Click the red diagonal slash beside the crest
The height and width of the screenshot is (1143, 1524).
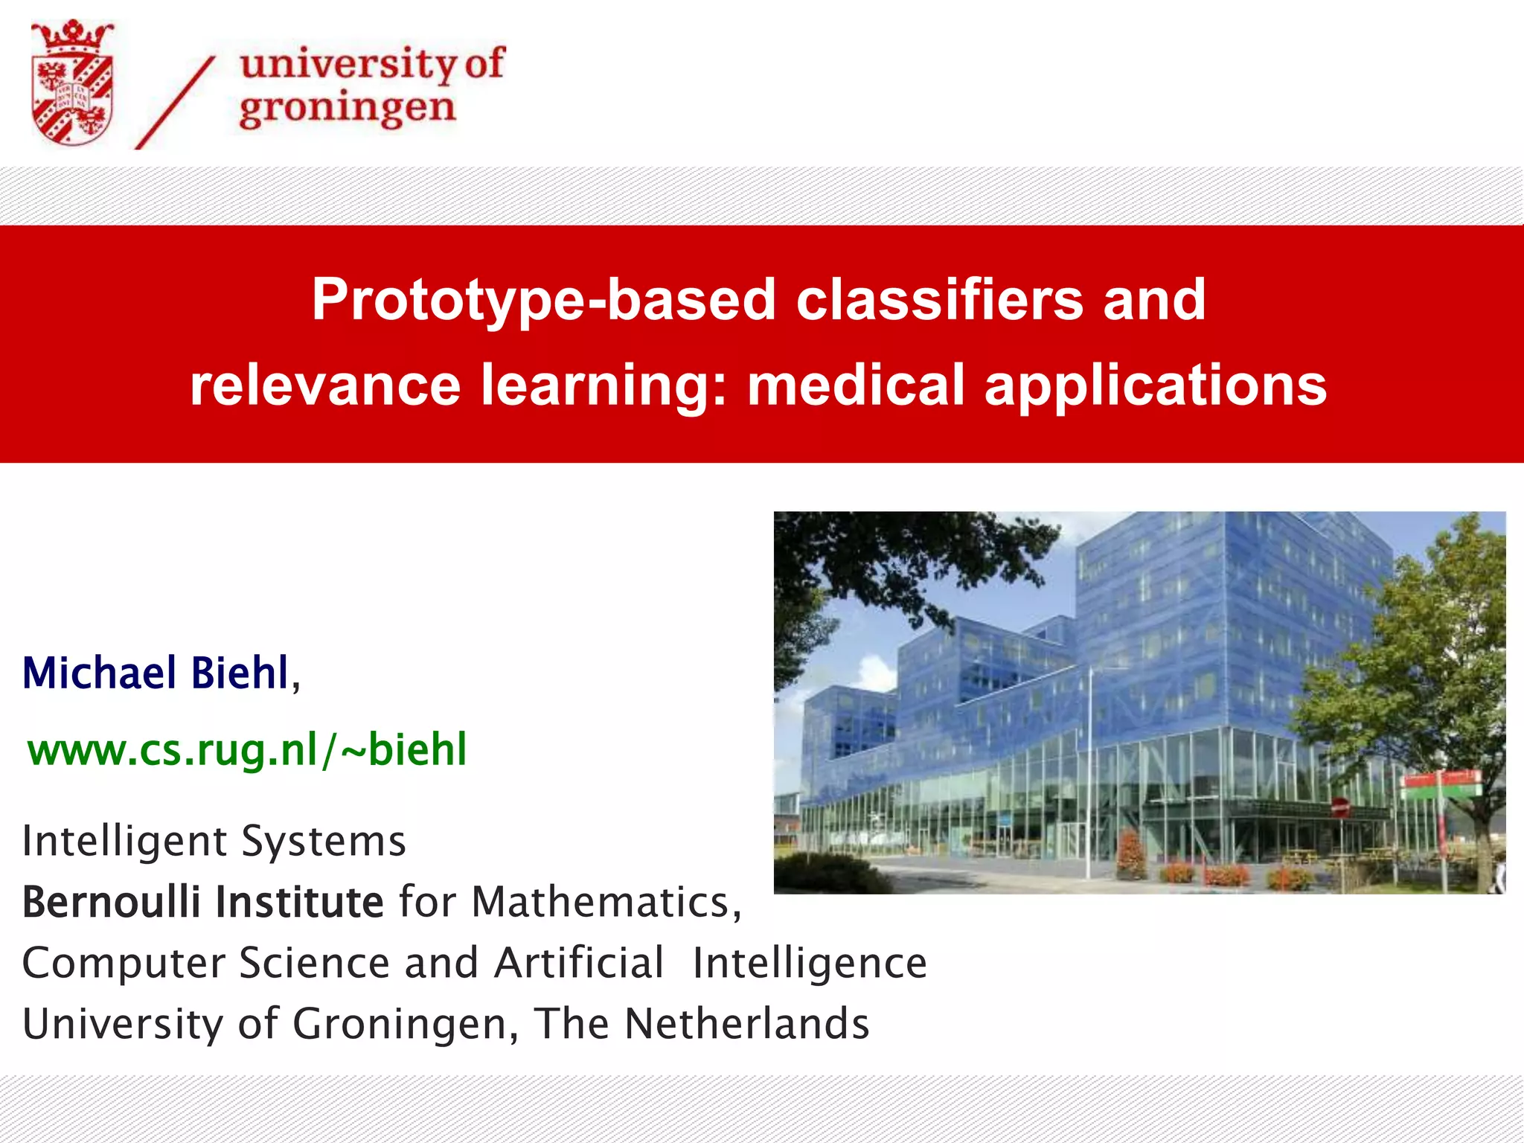pyautogui.click(x=176, y=103)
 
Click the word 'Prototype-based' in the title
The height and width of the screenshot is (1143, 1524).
pyautogui.click(x=543, y=300)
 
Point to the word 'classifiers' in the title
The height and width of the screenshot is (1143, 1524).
pyautogui.click(x=939, y=300)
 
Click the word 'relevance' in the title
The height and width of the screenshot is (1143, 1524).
pyautogui.click(x=325, y=385)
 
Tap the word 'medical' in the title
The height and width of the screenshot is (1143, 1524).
pyautogui.click(x=856, y=385)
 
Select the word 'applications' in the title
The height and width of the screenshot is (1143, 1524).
pyautogui.click(x=1155, y=387)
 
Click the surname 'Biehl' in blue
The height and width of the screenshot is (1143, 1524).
pyautogui.click(x=240, y=673)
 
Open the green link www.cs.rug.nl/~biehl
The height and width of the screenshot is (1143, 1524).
pyautogui.click(x=247, y=749)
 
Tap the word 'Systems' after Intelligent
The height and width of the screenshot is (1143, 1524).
pyautogui.click(x=324, y=842)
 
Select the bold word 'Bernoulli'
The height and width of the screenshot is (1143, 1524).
pyautogui.click(x=112, y=903)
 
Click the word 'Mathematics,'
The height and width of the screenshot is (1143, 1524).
pyautogui.click(x=606, y=903)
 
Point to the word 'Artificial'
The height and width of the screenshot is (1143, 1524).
pyautogui.click(x=579, y=963)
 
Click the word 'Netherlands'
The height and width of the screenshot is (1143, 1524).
pyautogui.click(x=746, y=1024)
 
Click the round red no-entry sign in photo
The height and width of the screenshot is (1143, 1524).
pyautogui.click(x=1339, y=806)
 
